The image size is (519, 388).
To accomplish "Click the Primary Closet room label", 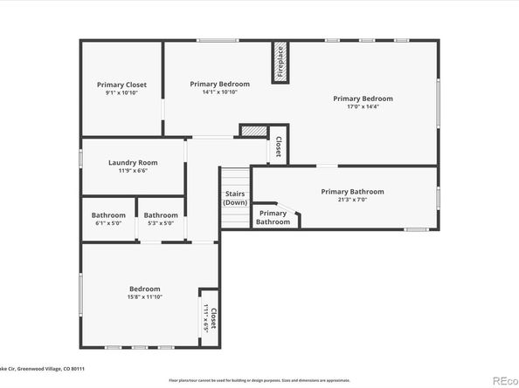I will (x=121, y=85).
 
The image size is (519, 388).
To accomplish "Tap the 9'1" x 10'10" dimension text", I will (x=121, y=92).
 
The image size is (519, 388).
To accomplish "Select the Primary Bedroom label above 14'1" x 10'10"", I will (x=219, y=84).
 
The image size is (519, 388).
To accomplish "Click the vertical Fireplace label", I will (x=280, y=63).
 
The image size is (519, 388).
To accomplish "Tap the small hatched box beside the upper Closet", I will (x=252, y=131).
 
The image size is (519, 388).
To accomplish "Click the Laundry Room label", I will (x=133, y=162).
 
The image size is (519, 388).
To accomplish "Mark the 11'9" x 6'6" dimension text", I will (x=133, y=171).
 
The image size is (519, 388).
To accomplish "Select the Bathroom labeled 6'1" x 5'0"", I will (x=108, y=215).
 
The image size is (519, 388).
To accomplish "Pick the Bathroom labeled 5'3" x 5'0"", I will (x=161, y=215).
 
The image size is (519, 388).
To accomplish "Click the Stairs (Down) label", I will (x=235, y=198).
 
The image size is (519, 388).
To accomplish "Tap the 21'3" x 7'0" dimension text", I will (x=352, y=200).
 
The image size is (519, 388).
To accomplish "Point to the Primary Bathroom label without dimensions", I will (x=273, y=217).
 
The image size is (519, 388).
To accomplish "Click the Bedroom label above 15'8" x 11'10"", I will (x=145, y=289).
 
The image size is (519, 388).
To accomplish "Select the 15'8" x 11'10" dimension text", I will (x=145, y=297).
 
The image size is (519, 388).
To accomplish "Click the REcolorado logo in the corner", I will (x=504, y=379).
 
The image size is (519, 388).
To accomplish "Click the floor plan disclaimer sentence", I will (x=259, y=380).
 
